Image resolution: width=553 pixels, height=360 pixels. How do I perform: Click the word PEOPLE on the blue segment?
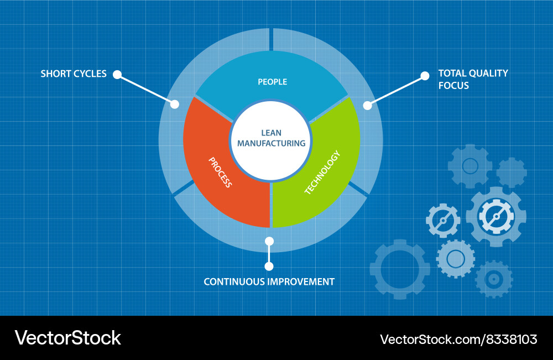(272, 82)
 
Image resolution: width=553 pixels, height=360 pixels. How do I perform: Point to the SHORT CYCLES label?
(74, 74)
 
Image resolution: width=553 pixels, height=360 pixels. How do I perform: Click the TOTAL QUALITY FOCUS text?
(472, 79)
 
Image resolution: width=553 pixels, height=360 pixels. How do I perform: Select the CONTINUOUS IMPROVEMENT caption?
(269, 281)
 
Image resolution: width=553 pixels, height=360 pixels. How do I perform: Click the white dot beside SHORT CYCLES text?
(117, 74)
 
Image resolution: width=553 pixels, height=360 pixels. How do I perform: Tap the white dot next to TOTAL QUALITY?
(425, 75)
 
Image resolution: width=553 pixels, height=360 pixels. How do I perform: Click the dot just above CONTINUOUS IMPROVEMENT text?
(269, 266)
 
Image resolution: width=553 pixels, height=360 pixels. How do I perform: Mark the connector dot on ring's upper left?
(175, 103)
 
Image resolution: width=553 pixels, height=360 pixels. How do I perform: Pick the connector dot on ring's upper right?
(367, 105)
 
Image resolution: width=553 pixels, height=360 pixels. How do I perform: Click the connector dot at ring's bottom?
(269, 241)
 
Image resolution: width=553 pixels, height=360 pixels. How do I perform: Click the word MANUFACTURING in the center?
(271, 143)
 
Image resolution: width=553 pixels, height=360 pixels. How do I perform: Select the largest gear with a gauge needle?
(495, 216)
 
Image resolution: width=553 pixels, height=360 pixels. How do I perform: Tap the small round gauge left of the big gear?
(443, 221)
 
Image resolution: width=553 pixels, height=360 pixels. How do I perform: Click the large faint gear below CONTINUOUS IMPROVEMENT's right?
(400, 269)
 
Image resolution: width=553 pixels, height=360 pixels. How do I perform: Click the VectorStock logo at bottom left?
(67, 338)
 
